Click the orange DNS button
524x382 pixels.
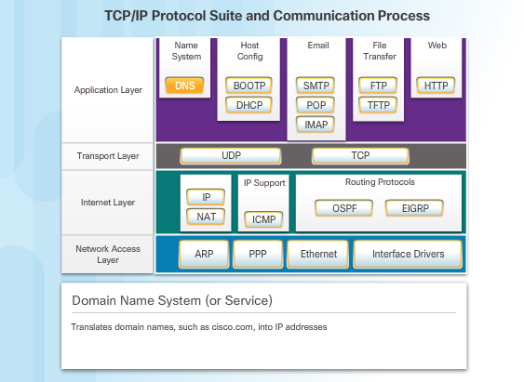(187, 86)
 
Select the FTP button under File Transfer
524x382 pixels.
(379, 86)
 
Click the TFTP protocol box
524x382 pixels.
(379, 105)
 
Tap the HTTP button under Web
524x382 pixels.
(437, 86)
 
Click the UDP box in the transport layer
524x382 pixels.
(231, 156)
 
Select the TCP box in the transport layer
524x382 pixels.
(360, 156)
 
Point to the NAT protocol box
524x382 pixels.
(206, 217)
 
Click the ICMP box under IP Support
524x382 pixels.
(262, 219)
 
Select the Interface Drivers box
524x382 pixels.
(408, 254)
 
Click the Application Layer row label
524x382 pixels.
(108, 90)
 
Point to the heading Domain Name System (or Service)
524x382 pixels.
(172, 301)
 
